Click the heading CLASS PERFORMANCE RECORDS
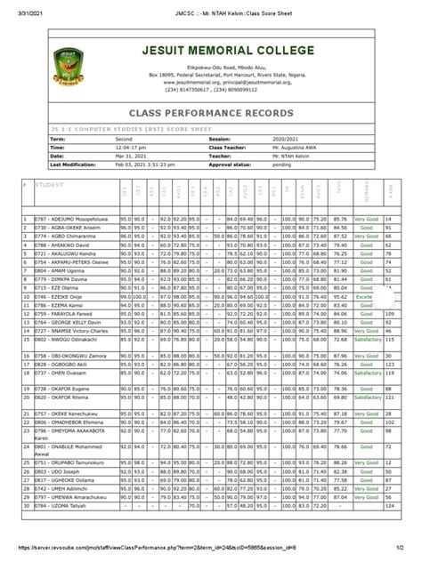[x=210, y=114]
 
